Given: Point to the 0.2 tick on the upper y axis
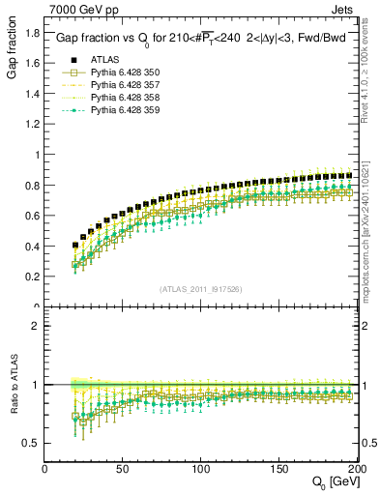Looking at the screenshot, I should (34, 277).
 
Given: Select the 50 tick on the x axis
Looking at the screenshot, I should (124, 469).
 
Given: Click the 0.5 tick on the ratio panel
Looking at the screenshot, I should (34, 443).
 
